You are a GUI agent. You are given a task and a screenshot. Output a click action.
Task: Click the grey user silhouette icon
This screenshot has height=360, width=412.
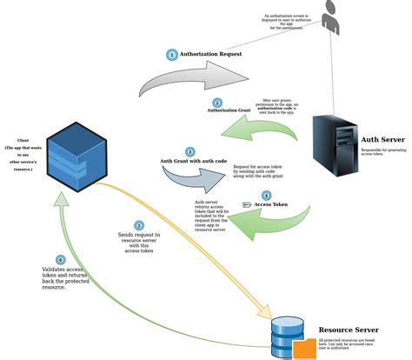click(331, 18)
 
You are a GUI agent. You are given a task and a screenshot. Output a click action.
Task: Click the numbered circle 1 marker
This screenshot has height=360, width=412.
click(172, 55)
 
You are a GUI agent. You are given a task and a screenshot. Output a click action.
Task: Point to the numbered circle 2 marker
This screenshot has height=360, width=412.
click(229, 103)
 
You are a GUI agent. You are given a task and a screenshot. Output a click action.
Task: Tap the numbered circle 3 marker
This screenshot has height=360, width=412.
click(189, 151)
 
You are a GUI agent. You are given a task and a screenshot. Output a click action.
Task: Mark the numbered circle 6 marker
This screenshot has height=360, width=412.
click(60, 260)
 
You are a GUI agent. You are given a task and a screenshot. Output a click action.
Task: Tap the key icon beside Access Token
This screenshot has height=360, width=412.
click(247, 205)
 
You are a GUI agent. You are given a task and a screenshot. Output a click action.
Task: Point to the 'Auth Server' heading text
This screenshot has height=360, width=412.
click(382, 138)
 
